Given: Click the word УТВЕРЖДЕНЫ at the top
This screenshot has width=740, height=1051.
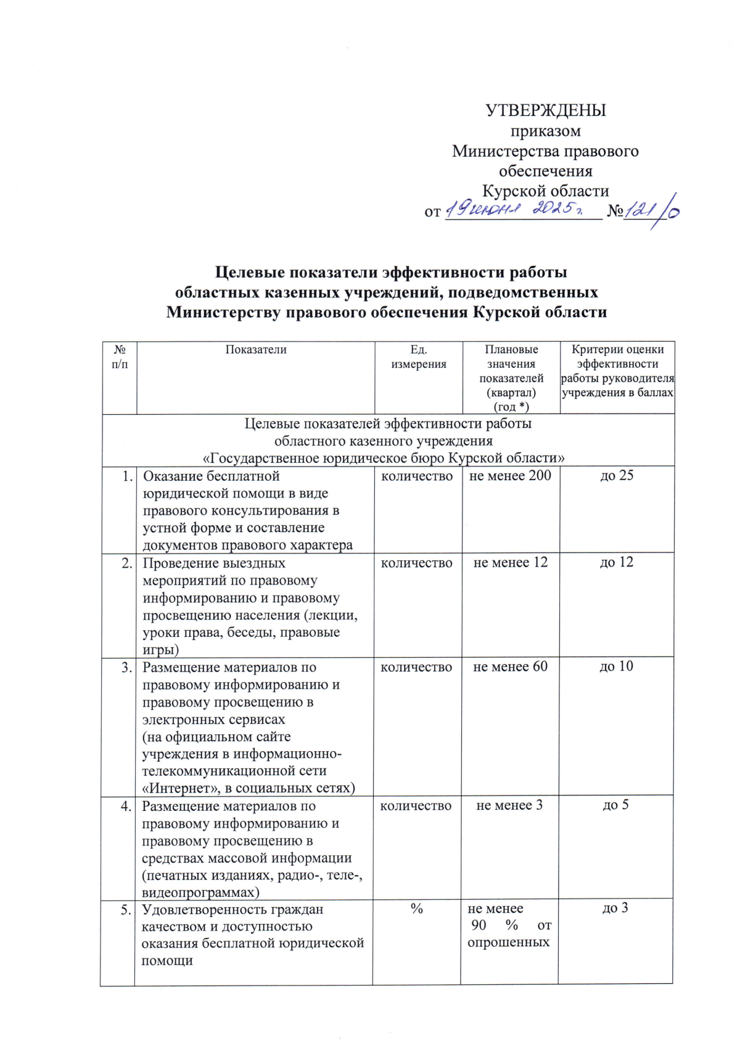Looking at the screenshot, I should click(545, 110).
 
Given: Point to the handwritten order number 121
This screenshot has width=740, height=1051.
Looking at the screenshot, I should click(641, 210).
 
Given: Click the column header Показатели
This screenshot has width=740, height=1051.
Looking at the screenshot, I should click(256, 350).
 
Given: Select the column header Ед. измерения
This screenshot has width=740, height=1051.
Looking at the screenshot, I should click(419, 357).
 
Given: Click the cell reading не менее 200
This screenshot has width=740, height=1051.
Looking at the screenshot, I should click(510, 476).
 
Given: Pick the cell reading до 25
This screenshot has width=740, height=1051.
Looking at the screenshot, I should click(617, 476).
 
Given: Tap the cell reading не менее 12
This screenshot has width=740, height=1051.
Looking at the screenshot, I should click(510, 563).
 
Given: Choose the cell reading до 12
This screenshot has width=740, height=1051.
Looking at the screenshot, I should click(617, 563).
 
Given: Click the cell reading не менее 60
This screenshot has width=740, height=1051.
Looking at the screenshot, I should click(510, 667).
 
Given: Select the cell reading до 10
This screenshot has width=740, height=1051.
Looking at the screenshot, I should click(617, 667).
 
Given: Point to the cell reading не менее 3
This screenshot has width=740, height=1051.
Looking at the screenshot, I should click(509, 805).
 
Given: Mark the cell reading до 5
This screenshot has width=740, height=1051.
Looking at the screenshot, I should click(615, 805).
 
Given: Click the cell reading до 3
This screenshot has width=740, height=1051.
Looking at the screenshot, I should click(615, 908).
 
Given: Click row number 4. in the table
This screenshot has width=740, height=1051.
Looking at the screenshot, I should click(126, 806).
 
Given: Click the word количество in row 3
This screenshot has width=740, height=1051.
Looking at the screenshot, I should click(416, 667).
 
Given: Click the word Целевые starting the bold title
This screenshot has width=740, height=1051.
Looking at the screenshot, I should click(253, 272).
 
